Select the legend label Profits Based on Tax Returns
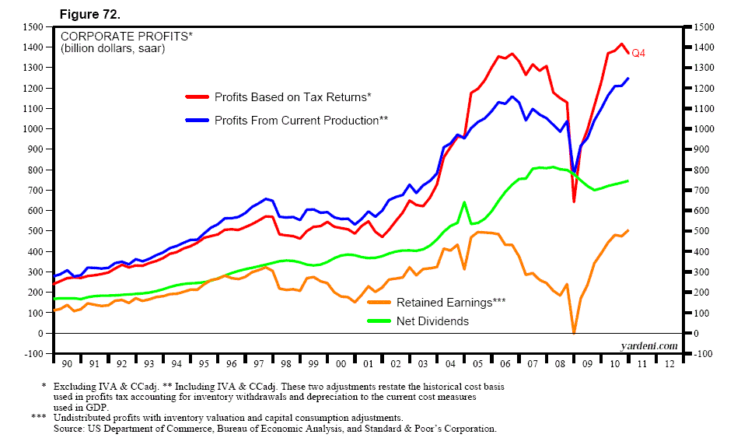tap(292, 96)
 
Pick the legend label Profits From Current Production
tap(300, 120)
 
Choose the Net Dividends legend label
tap(433, 321)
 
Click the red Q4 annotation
tap(638, 53)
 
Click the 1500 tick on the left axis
tap(33, 27)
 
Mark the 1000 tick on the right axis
tap(701, 129)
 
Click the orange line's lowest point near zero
tap(574, 331)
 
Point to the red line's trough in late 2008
tap(574, 201)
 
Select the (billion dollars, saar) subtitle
tap(113, 49)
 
